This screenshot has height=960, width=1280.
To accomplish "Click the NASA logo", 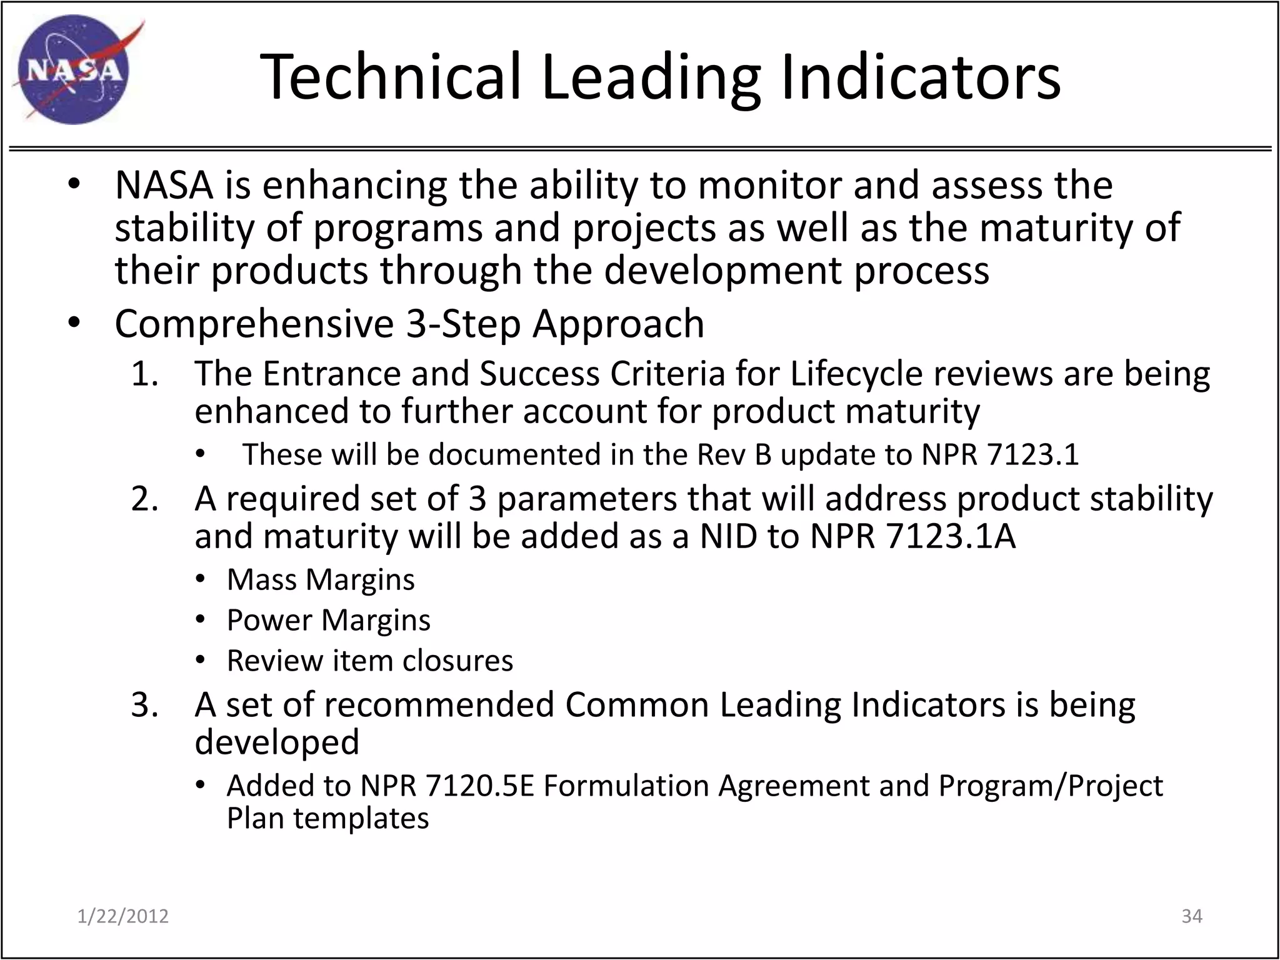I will coord(74,70).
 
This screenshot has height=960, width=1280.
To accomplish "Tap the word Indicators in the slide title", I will coord(920,77).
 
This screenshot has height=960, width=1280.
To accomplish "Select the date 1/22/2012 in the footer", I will coord(123,916).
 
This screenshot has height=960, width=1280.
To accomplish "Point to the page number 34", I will coord(1192,916).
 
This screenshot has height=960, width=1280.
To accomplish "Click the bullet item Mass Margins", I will coord(320,579).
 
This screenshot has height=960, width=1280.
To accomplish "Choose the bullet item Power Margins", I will coord(328,620).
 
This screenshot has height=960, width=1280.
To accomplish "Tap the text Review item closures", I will coord(369,661).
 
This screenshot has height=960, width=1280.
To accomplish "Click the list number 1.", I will coord(144,374).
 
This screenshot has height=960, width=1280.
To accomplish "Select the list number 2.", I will coord(144,499).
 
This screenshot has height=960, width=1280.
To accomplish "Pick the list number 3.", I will coord(144,705).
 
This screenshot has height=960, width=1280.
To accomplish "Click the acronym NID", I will coord(728,536).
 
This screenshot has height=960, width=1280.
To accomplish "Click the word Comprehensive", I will coord(254,324).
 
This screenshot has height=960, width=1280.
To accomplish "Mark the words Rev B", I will coord(734,454).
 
